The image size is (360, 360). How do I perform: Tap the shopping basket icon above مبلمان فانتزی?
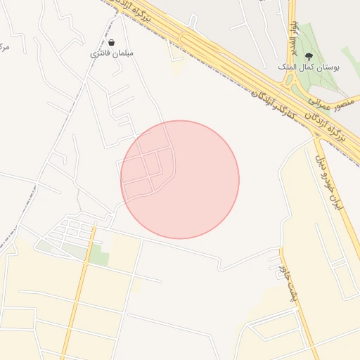pos(112,43)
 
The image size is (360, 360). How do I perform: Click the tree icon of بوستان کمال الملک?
pos(309,56)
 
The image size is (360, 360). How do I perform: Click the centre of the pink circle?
pos(180,179)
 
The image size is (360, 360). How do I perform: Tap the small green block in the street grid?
pos(99,257)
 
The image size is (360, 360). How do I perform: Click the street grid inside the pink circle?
pos(148,169)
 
